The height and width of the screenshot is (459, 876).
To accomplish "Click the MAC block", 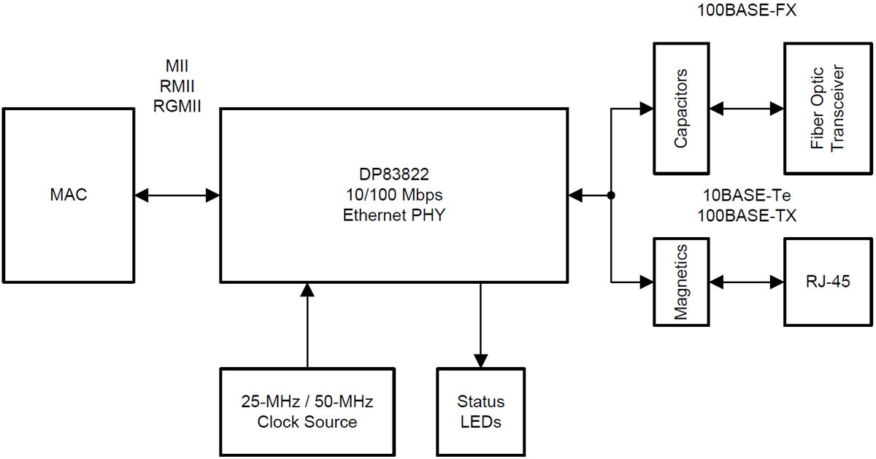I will point(68,196).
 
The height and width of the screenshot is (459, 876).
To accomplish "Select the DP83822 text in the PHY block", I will point(394,175).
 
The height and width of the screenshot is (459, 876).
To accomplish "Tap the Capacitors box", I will point(680,109).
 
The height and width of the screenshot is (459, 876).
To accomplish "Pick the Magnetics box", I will point(680,281).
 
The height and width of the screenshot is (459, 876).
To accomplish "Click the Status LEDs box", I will point(480,412).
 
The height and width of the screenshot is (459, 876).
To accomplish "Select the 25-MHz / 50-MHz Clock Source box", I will point(307,412).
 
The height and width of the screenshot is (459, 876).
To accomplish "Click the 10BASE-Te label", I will point(747,196).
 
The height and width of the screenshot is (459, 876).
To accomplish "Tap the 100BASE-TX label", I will point(747,216).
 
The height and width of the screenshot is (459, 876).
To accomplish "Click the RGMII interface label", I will point(177,105).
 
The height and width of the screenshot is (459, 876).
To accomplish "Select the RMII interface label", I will point(177,86).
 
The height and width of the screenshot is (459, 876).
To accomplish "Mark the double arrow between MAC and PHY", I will point(177,196).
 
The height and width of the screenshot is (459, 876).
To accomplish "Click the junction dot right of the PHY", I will point(611,196).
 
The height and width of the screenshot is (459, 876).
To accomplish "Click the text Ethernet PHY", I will point(394,216).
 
